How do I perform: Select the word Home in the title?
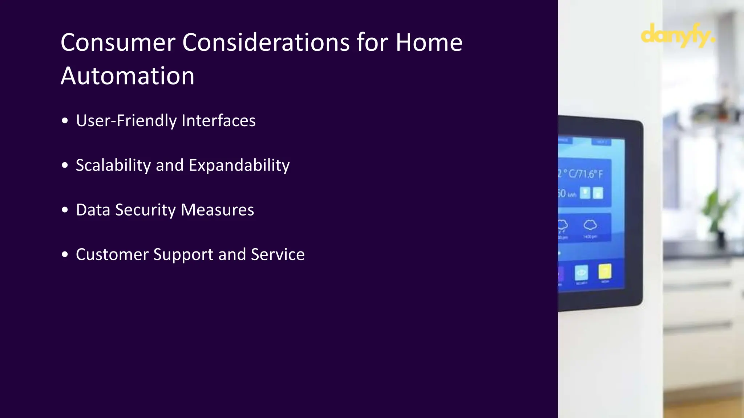click(429, 42)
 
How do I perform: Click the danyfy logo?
click(678, 35)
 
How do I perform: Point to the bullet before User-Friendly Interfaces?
click(65, 121)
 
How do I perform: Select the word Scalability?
click(113, 165)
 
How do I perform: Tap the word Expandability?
click(239, 165)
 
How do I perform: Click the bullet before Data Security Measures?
click(65, 210)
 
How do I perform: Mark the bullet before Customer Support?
click(65, 254)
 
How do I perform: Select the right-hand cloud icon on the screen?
click(590, 225)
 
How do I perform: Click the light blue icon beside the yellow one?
click(581, 273)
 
